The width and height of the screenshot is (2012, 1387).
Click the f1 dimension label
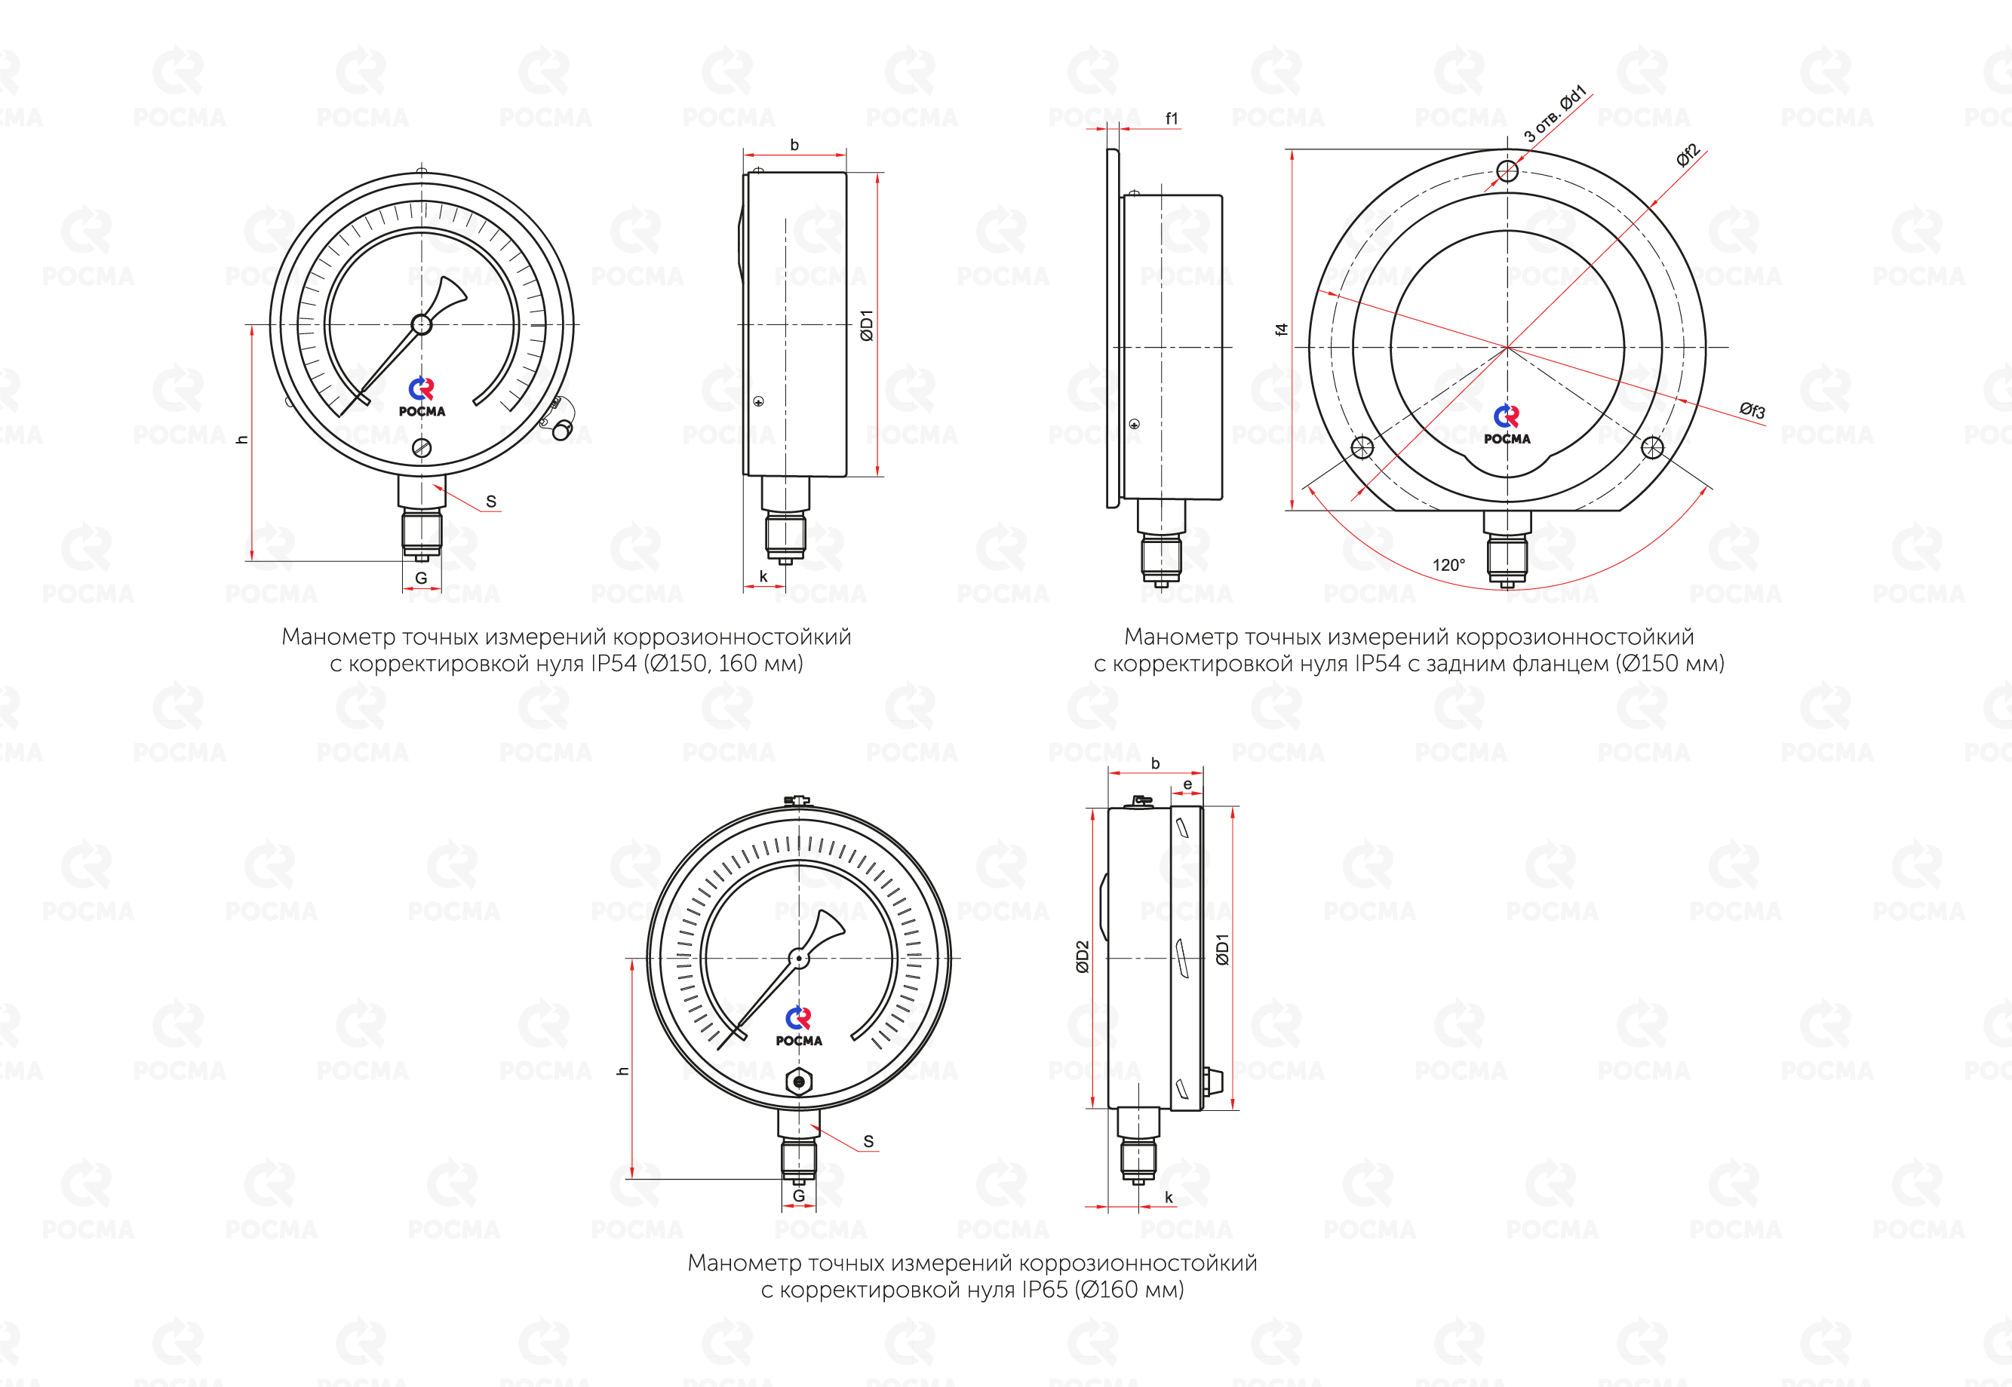pyautogui.click(x=1172, y=118)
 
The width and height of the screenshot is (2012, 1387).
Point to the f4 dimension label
pyautogui.click(x=1281, y=330)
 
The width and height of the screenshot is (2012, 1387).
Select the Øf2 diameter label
pyautogui.click(x=1688, y=155)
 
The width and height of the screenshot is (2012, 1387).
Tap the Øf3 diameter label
pyautogui.click(x=1752, y=410)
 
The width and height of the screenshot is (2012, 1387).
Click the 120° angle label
pyautogui.click(x=1448, y=565)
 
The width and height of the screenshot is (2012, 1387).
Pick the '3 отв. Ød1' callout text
pyautogui.click(x=1555, y=114)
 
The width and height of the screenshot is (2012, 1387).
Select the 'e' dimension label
pyautogui.click(x=1187, y=784)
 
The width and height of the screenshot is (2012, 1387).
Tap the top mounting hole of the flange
pyautogui.click(x=1508, y=171)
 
